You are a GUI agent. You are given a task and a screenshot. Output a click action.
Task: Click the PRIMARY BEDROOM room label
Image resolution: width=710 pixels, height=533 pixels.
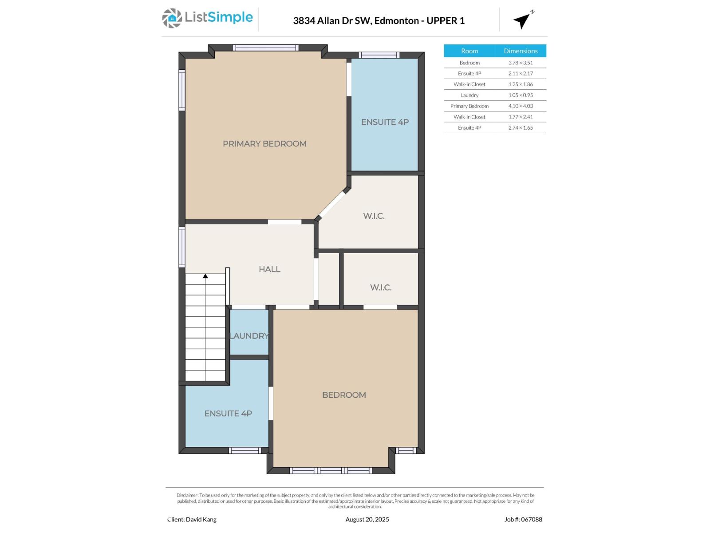point(264,143)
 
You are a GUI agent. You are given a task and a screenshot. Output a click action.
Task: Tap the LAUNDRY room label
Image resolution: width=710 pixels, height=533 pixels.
point(249,336)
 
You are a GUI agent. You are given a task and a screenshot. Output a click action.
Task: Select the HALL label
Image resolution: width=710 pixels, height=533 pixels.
point(269,269)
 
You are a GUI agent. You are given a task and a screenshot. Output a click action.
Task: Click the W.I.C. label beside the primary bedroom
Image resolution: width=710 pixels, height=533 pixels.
point(374,216)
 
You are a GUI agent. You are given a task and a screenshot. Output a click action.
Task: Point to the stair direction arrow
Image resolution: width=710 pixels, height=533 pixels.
point(205,276)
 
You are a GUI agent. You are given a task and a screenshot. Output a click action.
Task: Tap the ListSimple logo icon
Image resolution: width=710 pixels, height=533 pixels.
point(172,18)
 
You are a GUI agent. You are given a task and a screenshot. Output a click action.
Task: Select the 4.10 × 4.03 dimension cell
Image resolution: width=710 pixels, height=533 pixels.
point(521,106)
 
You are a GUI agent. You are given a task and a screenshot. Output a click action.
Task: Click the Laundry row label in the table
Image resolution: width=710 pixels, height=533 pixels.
point(469,95)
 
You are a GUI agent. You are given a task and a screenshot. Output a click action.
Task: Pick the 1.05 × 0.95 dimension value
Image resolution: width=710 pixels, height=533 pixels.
point(521,95)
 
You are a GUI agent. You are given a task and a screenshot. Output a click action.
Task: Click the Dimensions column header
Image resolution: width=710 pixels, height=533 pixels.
point(521,51)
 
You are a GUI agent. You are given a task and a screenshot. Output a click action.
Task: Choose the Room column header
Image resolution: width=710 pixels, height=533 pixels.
point(469,51)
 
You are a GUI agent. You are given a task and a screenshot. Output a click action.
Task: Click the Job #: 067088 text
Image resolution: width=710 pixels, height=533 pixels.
point(523,519)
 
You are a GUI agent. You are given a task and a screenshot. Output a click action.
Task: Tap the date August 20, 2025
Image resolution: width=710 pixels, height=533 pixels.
point(367,519)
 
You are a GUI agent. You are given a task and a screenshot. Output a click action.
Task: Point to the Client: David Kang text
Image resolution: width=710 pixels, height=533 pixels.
point(192,519)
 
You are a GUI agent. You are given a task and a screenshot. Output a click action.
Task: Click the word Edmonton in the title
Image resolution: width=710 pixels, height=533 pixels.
point(397,20)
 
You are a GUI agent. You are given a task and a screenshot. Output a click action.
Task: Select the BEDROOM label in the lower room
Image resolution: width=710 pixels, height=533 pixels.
point(344,395)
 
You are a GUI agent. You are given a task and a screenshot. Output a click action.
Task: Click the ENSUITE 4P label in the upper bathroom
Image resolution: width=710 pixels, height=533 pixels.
point(385,122)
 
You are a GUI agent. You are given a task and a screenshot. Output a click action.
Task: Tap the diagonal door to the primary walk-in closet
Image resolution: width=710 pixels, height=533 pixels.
point(332,204)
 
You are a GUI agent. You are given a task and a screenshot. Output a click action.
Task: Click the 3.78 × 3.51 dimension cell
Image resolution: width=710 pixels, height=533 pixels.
point(521,63)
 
